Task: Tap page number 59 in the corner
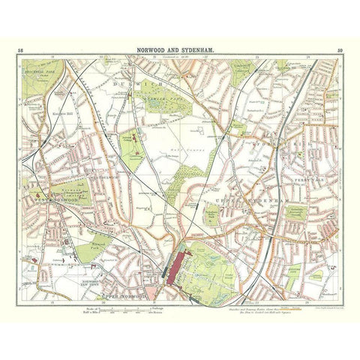point(340,49)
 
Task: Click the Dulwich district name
point(146,84)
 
